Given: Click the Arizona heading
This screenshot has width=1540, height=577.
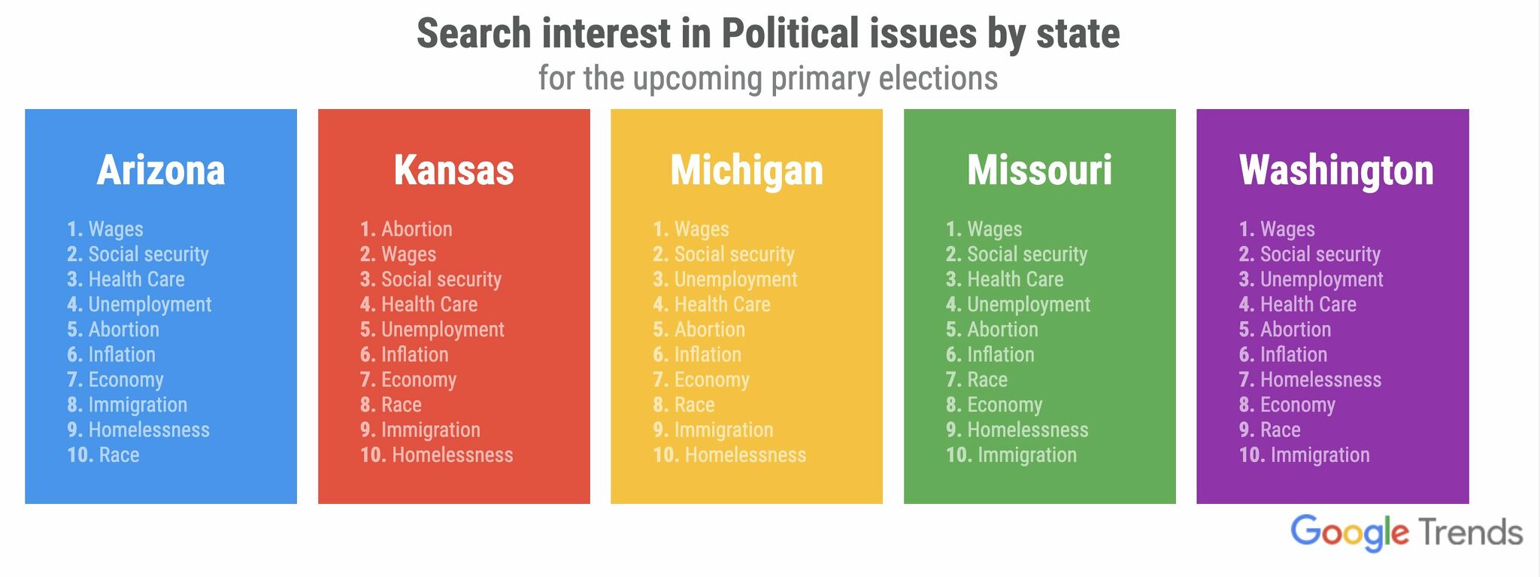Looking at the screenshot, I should pyautogui.click(x=161, y=171).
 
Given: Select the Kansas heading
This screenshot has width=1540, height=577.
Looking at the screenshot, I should pyautogui.click(x=453, y=171).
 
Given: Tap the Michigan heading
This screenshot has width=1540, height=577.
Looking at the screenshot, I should pyautogui.click(x=747, y=171).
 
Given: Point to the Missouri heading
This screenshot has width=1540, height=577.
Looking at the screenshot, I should pyautogui.click(x=1039, y=171).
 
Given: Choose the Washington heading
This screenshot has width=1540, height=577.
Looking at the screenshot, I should pyautogui.click(x=1336, y=171).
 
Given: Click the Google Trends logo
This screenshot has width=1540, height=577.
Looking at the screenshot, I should pyautogui.click(x=1406, y=533).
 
